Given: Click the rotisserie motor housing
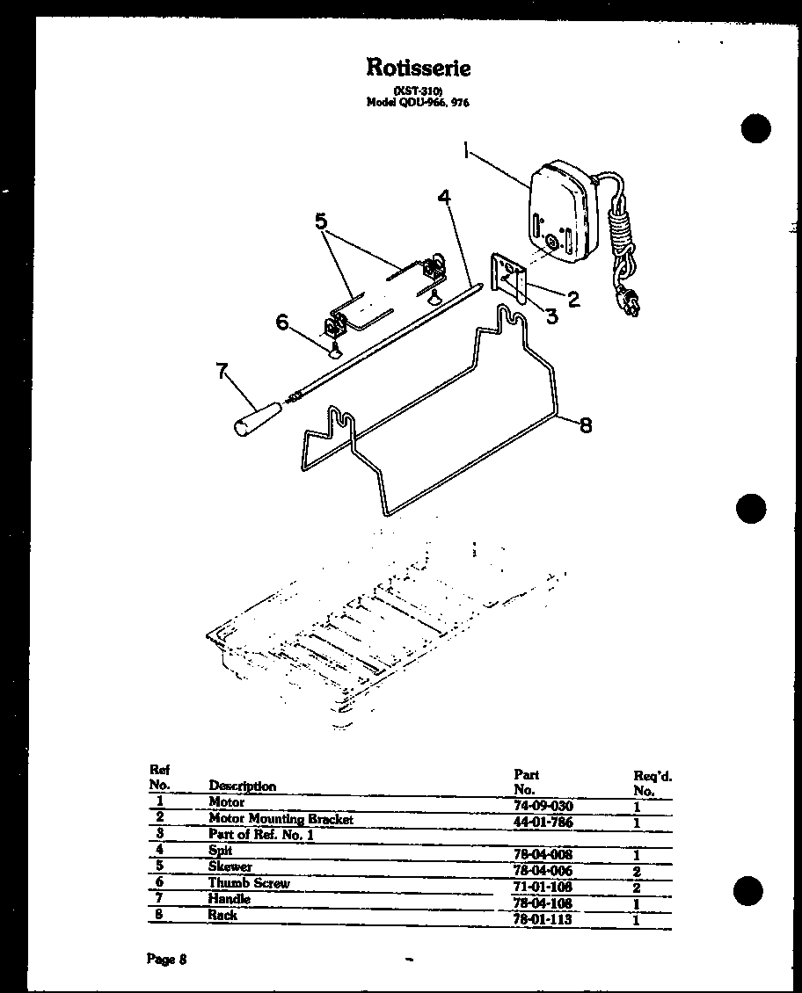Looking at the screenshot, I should point(559,213).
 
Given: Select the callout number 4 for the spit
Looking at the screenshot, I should point(446,198).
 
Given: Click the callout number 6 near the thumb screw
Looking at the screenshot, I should point(282,323).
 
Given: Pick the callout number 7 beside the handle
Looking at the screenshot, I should point(222,371).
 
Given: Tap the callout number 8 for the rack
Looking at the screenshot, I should point(585,426).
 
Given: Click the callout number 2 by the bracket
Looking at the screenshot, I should point(572,299).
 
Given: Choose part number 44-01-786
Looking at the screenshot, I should point(543,823).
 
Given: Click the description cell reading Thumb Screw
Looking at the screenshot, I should point(249,883).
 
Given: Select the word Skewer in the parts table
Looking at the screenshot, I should point(230,866).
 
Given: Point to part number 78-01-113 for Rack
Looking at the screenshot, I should point(543,919).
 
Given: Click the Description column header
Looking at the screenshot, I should point(242,786).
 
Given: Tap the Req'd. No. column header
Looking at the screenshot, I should point(653,783).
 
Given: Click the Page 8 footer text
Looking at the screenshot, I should point(166,960).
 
